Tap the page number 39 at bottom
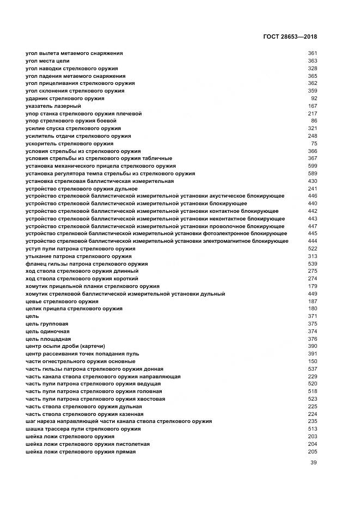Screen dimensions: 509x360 (313, 463)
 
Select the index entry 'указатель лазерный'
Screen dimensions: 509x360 (53, 106)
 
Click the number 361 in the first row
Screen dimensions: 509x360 (312, 53)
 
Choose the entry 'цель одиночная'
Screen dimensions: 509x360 (47, 332)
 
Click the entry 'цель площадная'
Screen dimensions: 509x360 (48, 339)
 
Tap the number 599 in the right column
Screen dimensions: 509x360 (312, 166)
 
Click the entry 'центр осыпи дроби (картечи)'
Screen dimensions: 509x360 (65, 346)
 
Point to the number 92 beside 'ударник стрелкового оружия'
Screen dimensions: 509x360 (314, 99)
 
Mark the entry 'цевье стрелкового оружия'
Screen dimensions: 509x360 (62, 302)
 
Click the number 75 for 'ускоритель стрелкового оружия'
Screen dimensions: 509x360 (314, 144)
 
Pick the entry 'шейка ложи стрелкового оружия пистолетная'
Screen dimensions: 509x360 (88, 444)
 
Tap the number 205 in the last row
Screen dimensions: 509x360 (312, 452)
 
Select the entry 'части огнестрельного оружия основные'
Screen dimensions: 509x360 (81, 361)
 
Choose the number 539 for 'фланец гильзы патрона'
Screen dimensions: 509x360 (312, 264)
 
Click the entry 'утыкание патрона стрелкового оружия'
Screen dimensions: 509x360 (79, 256)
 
